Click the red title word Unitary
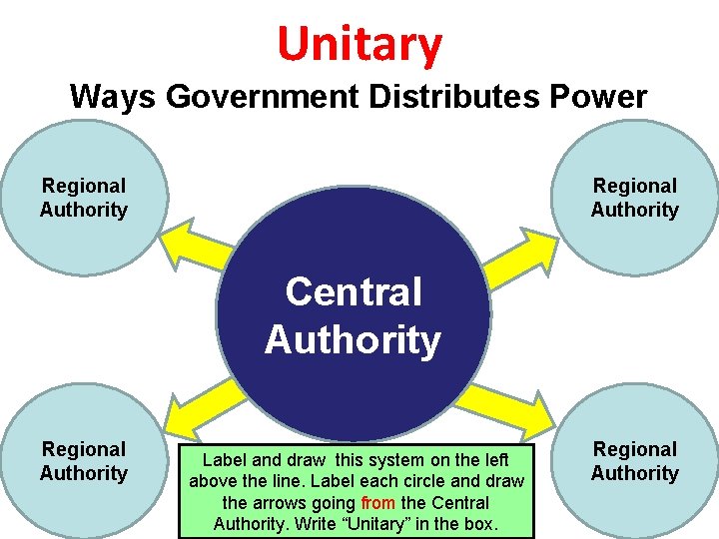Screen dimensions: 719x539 359,44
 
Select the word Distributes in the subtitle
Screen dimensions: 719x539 425,97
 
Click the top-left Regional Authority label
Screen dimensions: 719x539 84,198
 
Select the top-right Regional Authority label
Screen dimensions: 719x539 634,198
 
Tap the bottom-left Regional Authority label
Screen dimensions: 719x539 84,461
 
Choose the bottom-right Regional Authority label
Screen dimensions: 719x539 634,461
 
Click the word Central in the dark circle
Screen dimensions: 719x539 354,292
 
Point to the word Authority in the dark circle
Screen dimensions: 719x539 353,340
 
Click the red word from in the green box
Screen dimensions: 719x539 377,503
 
